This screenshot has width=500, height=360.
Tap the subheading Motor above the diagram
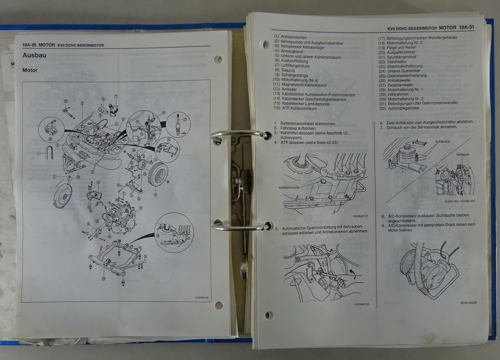[x=30, y=70]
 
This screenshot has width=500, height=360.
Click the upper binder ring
[x=232, y=137]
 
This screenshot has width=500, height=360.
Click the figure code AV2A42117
[x=360, y=216]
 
